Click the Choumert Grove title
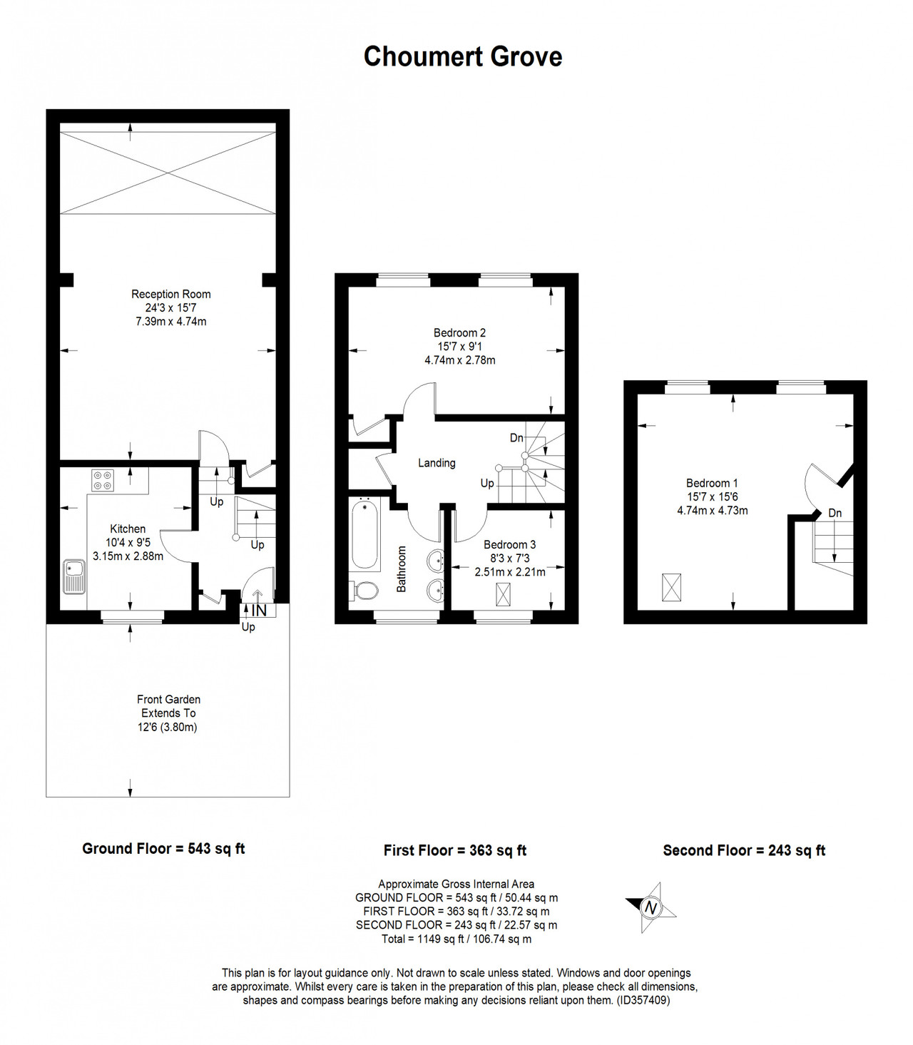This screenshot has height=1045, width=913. [462, 56]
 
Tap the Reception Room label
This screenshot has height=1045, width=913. [170, 294]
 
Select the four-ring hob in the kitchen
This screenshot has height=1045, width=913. [103, 481]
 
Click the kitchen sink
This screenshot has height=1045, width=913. [75, 577]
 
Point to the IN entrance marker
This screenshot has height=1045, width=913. [259, 611]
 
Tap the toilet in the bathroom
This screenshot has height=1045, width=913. [364, 591]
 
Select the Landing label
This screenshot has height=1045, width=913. [437, 463]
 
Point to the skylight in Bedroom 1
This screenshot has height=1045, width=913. [671, 587]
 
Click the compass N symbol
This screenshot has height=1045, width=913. [651, 907]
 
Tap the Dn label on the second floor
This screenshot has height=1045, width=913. [835, 513]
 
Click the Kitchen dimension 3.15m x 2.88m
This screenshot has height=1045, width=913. [128, 556]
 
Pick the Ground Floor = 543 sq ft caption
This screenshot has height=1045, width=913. [163, 848]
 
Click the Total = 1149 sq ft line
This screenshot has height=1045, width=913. [456, 939]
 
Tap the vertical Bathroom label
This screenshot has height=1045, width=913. [402, 569]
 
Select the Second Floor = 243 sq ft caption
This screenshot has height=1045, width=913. [744, 850]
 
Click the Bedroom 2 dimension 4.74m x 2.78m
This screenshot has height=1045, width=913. [460, 360]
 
